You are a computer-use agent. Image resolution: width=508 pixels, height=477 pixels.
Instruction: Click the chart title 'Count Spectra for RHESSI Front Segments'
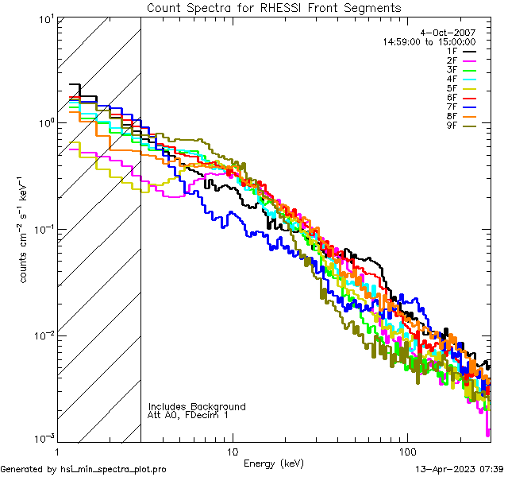tap(274, 8)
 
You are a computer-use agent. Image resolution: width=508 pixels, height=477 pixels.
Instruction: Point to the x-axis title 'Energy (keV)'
tap(274, 463)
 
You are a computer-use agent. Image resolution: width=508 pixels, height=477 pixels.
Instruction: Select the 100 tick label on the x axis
tap(406, 452)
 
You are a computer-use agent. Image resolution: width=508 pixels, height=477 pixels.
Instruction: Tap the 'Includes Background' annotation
tap(197, 407)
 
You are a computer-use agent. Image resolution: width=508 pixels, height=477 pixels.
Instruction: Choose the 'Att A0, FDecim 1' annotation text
tap(187, 416)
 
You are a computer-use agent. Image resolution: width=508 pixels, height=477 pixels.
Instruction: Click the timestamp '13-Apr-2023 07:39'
tap(460, 469)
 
